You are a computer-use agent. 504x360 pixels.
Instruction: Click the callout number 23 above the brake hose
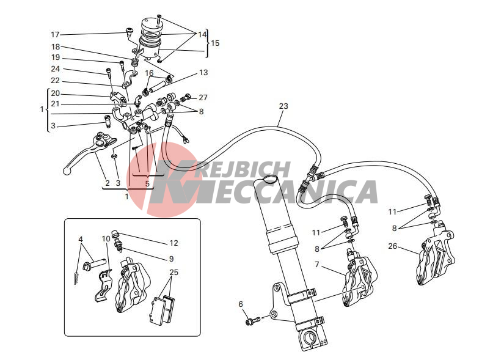[283, 106]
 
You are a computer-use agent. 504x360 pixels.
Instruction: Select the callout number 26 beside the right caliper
[392, 246]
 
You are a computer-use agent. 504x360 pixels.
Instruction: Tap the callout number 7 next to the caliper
[317, 265]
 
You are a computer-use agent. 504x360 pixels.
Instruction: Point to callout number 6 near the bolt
[241, 304]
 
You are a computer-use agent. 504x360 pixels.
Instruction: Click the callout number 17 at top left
[55, 34]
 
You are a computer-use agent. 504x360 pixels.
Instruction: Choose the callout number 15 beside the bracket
[215, 43]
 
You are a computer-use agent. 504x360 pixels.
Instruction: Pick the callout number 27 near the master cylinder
[203, 97]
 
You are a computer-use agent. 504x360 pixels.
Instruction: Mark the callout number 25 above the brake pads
[174, 273]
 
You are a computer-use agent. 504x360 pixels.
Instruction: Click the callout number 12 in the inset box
[173, 243]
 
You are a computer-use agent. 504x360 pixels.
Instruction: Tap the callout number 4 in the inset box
[81, 240]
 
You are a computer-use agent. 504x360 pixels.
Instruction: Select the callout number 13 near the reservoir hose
[203, 73]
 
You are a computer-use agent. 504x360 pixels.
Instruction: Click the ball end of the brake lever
[67, 171]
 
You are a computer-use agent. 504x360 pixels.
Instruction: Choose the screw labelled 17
[130, 31]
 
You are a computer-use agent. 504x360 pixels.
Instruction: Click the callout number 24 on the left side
[55, 69]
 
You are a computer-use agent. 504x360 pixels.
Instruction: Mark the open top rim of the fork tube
[269, 179]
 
